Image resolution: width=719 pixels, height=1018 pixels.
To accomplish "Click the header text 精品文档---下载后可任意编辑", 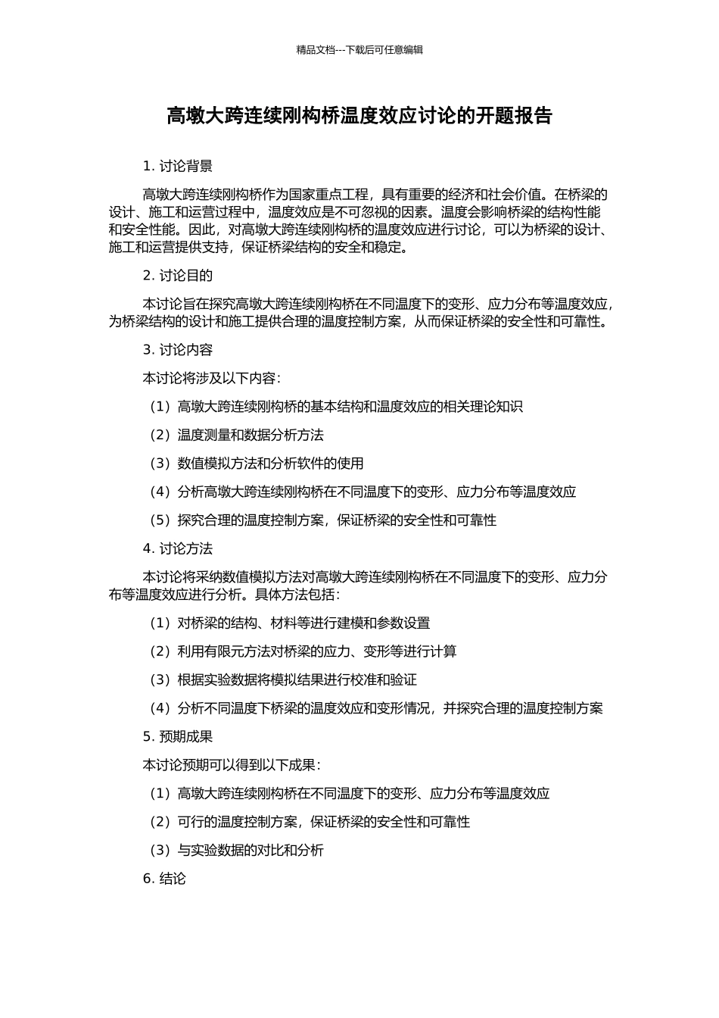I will (x=359, y=50).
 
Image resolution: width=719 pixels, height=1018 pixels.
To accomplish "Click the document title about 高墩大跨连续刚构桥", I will (x=359, y=116).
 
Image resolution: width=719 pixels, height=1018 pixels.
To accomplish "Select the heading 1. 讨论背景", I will (x=178, y=166).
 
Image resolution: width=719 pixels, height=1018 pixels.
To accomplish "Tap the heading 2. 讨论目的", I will (x=178, y=276).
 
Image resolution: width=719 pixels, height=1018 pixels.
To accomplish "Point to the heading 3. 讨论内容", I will (x=178, y=350).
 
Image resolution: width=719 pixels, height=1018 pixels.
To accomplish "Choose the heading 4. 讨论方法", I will (x=178, y=549).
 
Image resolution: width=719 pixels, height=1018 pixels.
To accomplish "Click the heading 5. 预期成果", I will (x=178, y=737).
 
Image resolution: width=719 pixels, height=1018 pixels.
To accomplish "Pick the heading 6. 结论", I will (x=164, y=879).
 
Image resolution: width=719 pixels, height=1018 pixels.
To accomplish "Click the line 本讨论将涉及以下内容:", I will (x=212, y=378).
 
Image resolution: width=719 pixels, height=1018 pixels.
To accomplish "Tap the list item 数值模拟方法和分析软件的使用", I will (x=257, y=464).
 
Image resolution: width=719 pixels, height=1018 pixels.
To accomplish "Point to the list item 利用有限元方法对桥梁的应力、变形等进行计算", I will (x=303, y=651).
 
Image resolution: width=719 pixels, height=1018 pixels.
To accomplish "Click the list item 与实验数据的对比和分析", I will (x=236, y=851).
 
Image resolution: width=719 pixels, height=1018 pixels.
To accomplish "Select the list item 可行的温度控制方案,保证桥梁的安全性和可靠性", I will (x=310, y=822).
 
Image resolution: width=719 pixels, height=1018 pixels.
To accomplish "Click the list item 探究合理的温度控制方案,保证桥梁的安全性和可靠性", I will (x=323, y=520).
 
